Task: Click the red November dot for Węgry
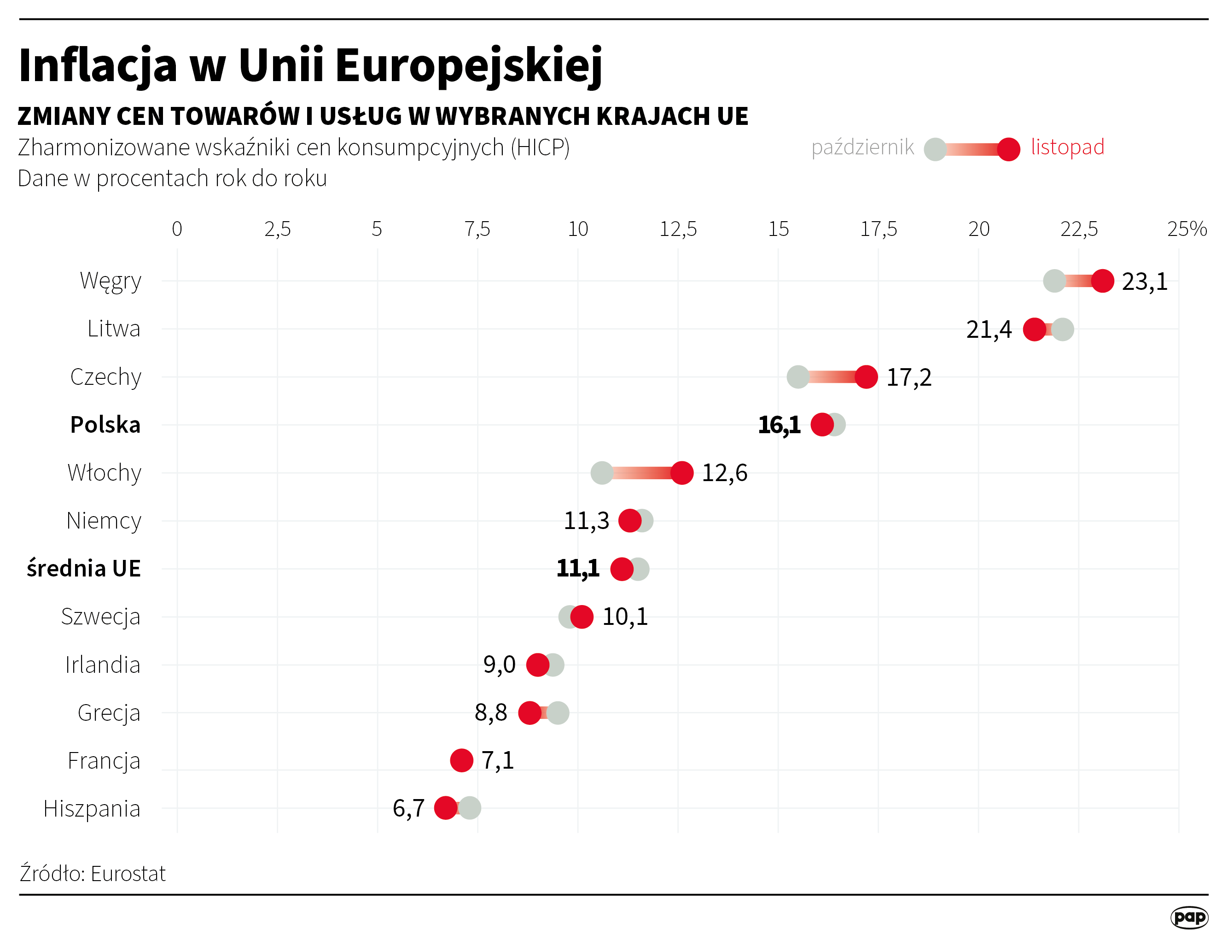pyautogui.click(x=1102, y=281)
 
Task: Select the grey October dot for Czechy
pyautogui.click(x=797, y=377)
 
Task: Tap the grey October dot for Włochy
pyautogui.click(x=602, y=473)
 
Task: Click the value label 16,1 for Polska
pyautogui.click(x=779, y=425)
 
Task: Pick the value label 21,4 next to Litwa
pyautogui.click(x=989, y=329)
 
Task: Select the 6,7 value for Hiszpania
pyautogui.click(x=408, y=808)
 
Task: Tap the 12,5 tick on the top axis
pyautogui.click(x=678, y=229)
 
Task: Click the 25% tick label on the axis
pyautogui.click(x=1187, y=229)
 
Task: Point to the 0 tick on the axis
pyautogui.click(x=177, y=229)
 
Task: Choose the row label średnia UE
pyautogui.click(x=84, y=569)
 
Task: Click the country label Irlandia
pyautogui.click(x=102, y=665)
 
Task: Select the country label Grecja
pyautogui.click(x=109, y=713)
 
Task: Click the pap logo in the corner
pyautogui.click(x=1189, y=917)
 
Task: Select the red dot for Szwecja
pyautogui.click(x=582, y=617)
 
